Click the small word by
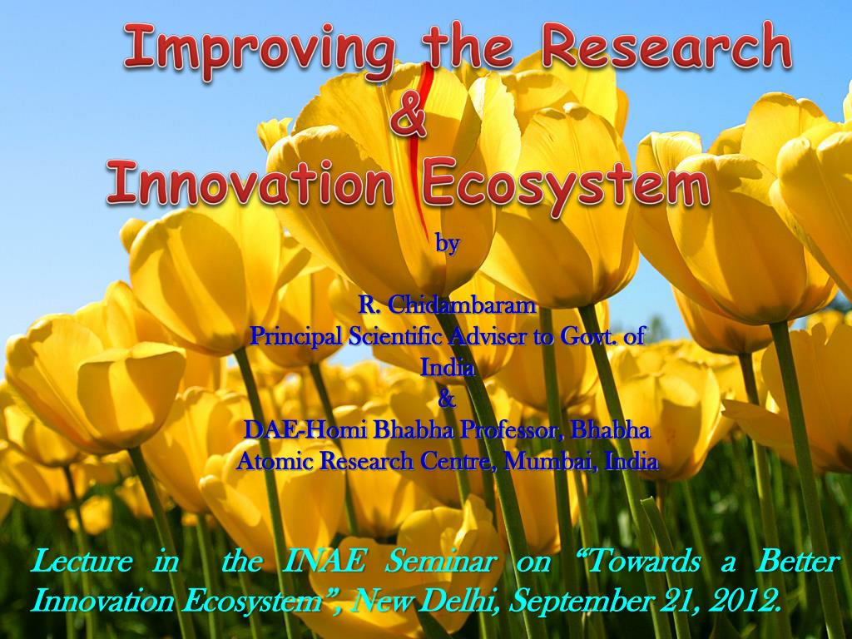[x=448, y=244]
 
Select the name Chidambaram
[x=463, y=306]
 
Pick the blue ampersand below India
[x=447, y=400]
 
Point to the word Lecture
[x=82, y=562]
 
